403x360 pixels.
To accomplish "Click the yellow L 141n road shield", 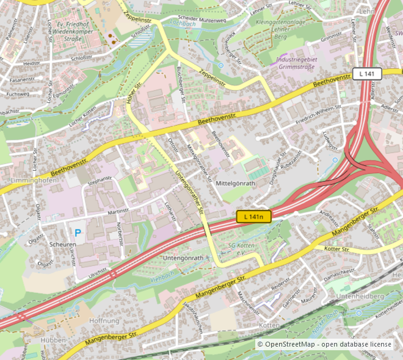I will click(x=253, y=217).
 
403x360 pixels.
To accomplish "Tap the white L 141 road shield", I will click(x=367, y=74).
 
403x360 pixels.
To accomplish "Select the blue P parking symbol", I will click(x=77, y=232).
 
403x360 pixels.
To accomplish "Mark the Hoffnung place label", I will click(x=104, y=321).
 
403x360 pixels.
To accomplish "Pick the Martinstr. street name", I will click(x=120, y=211).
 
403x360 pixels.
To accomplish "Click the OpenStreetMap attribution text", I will click(x=324, y=345).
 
